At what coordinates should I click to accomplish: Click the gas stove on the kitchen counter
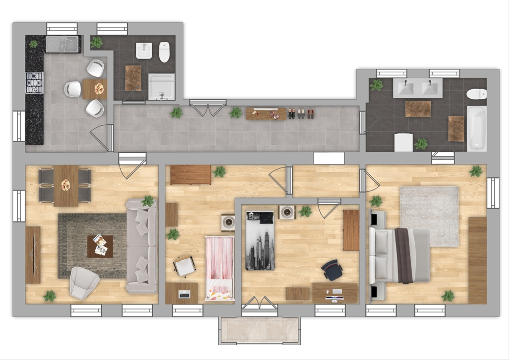coord(35,82)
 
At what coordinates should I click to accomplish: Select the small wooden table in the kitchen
coord(95,89)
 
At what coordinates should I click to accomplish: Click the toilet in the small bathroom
coord(164,52)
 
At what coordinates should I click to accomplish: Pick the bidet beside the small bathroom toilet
coord(144,50)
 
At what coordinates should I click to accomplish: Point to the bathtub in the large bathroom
coord(476,128)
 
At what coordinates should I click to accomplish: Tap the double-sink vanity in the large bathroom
coord(417,88)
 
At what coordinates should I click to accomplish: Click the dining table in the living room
coord(66,185)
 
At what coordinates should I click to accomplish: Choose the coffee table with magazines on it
coord(100,246)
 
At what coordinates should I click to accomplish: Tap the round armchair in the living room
coord(84,282)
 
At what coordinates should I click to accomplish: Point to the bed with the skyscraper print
coord(260,240)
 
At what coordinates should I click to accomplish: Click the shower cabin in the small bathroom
coord(161,87)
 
